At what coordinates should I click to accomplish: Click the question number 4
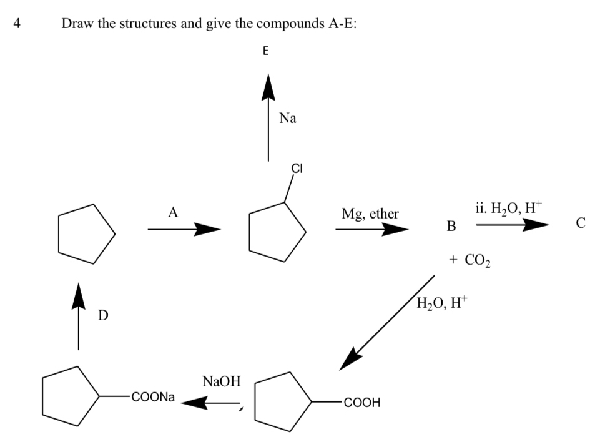(x=17, y=24)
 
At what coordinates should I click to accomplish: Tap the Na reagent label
(x=288, y=118)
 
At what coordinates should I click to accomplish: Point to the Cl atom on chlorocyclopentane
(x=297, y=168)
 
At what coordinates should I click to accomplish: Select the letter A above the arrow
(x=173, y=212)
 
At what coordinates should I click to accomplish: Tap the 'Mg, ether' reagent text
(x=370, y=214)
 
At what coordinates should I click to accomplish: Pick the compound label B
(x=451, y=225)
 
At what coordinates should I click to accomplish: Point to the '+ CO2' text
(x=469, y=258)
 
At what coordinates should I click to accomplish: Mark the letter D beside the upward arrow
(x=102, y=317)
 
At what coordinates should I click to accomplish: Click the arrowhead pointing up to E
(x=268, y=86)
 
